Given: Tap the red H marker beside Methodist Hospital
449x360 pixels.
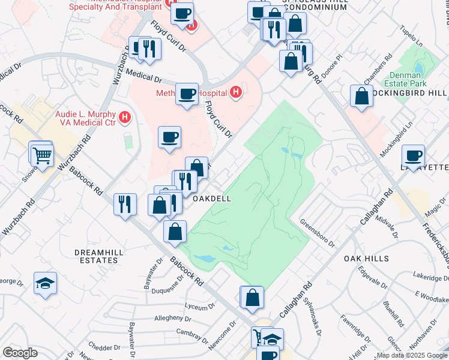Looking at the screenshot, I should click(237, 93).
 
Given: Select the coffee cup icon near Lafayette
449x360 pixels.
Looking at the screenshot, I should click(413, 155).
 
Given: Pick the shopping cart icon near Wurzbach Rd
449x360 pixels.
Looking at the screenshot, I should click(42, 155).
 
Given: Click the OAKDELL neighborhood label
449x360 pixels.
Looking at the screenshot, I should click(211, 198).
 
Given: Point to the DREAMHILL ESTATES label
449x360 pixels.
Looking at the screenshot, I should click(96, 257).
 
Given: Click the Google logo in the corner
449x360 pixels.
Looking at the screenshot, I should click(20, 353).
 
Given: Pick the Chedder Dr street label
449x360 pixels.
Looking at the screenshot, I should click(104, 347).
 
